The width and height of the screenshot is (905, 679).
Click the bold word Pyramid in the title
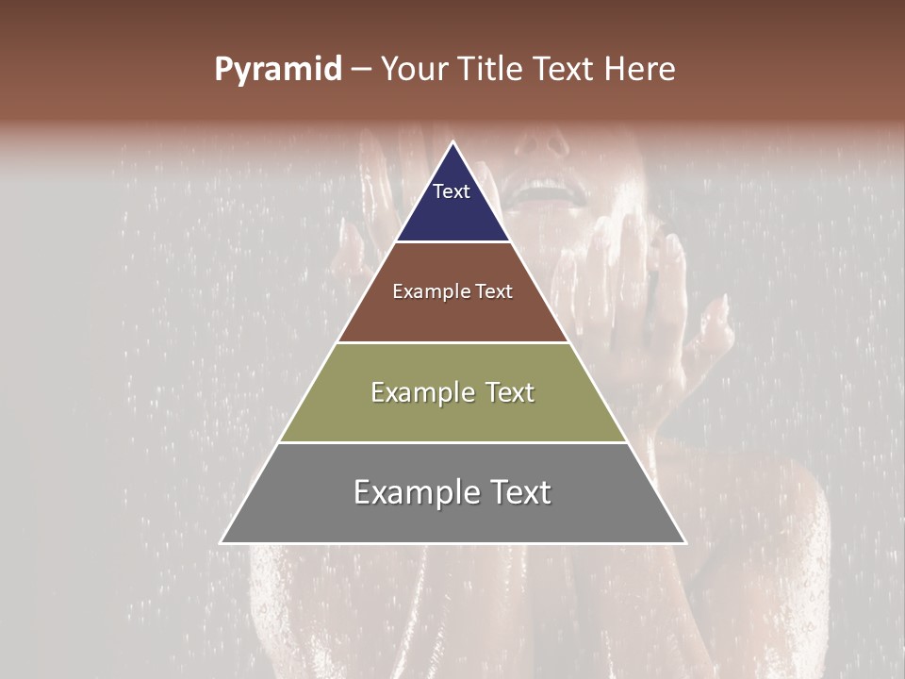click(x=278, y=70)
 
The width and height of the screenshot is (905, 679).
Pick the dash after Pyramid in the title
click(x=361, y=70)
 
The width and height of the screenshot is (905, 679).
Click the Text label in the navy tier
click(x=452, y=191)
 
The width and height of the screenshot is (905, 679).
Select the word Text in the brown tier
click(x=495, y=292)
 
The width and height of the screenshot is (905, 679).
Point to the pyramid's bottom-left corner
click(x=222, y=542)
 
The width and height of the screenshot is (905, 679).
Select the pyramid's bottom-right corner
click(x=685, y=542)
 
